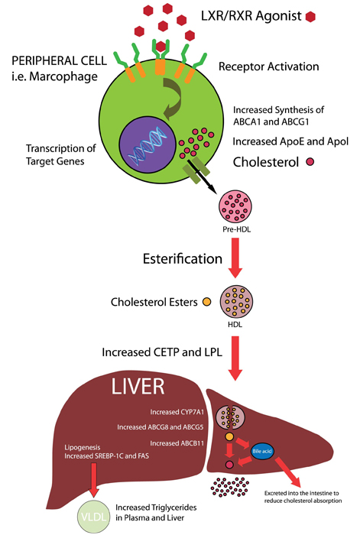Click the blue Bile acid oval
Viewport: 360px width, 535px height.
click(x=262, y=451)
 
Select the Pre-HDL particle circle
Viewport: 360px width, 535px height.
click(x=235, y=207)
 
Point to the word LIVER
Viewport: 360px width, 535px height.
click(x=138, y=387)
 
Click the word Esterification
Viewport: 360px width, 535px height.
click(x=183, y=258)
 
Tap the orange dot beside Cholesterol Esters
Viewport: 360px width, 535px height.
click(x=207, y=302)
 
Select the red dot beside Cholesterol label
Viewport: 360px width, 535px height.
click(x=310, y=162)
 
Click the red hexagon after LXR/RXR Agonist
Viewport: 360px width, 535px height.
click(x=310, y=16)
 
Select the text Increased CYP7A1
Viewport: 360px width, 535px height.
click(x=177, y=412)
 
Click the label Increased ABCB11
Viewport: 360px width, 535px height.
click(x=177, y=443)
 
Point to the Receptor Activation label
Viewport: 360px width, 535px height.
click(x=269, y=66)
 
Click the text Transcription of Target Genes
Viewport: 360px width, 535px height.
click(x=60, y=154)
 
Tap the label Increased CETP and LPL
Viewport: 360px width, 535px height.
click(x=162, y=352)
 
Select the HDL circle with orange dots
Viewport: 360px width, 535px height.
click(x=235, y=302)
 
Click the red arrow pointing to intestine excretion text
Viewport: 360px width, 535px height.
click(x=287, y=472)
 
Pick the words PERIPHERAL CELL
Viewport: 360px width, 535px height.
click(x=59, y=60)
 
